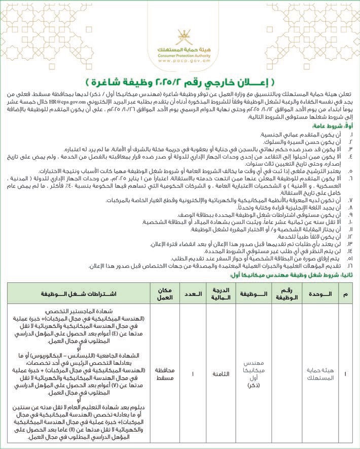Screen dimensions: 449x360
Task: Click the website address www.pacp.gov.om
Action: pos(180,60)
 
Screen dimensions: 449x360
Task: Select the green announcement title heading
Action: pos(180,81)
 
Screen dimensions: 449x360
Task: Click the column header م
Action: pos(346,293)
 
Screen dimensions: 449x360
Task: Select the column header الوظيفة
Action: pos(252,293)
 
